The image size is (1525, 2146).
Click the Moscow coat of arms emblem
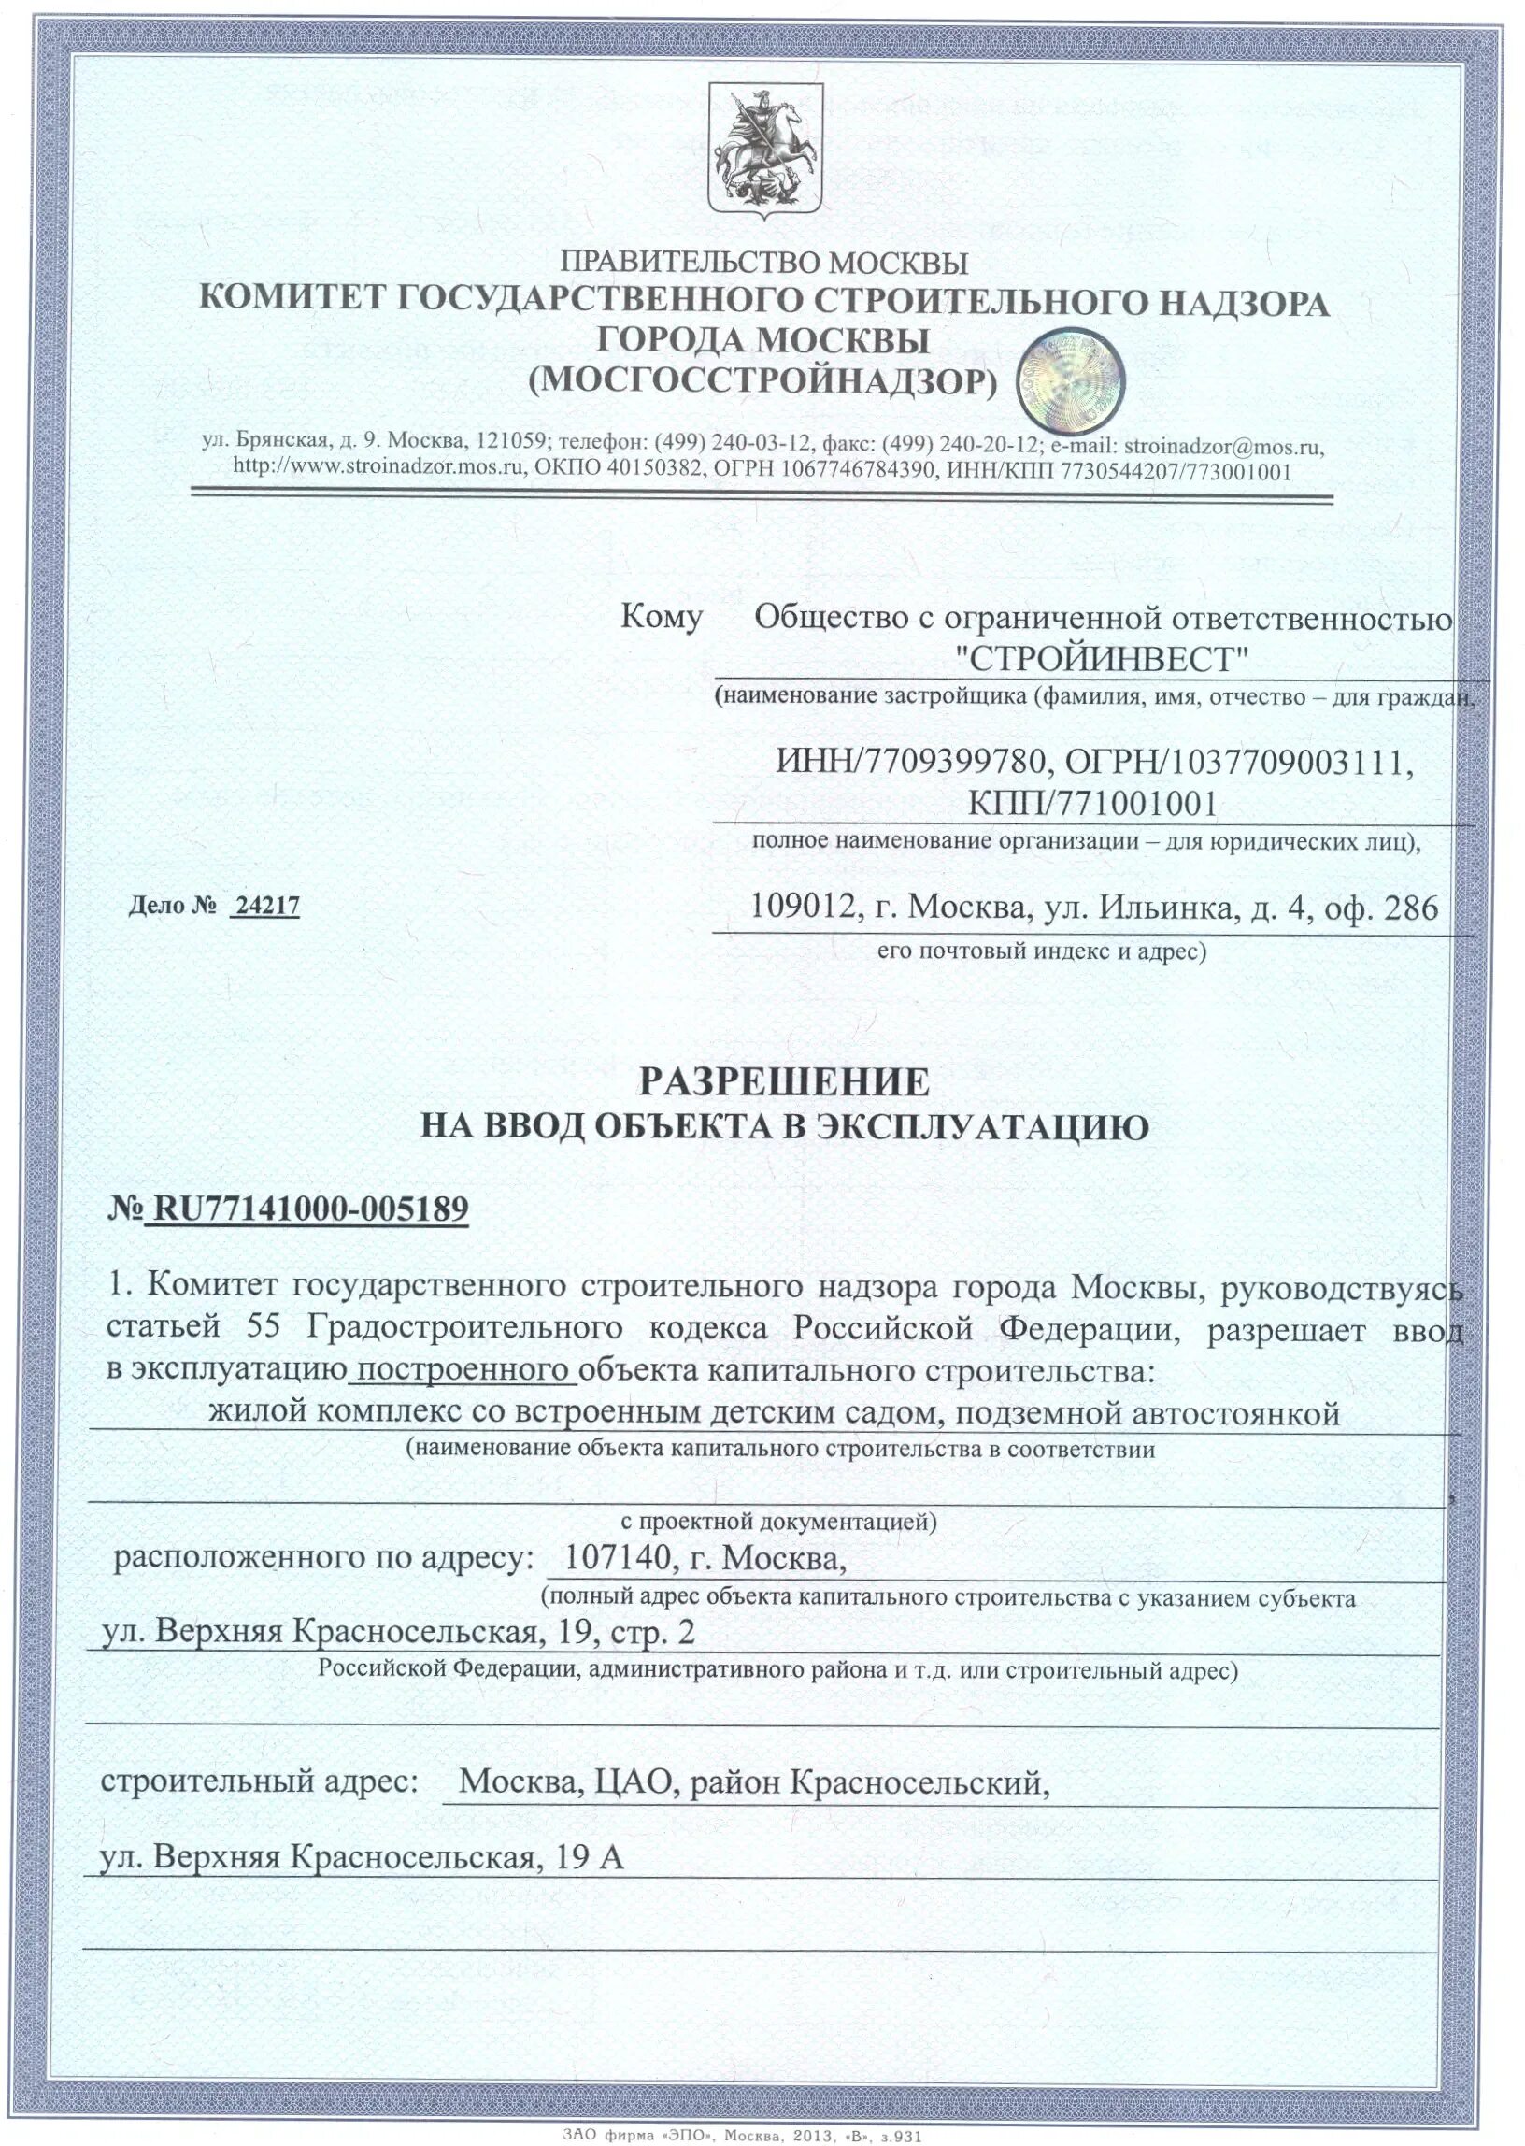tap(762, 153)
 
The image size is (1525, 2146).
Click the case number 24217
tap(266, 907)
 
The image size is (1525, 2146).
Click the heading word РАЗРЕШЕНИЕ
tap(784, 1083)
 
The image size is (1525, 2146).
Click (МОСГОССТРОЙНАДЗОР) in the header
tap(762, 379)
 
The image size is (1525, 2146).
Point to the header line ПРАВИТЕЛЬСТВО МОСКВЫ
tap(763, 261)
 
